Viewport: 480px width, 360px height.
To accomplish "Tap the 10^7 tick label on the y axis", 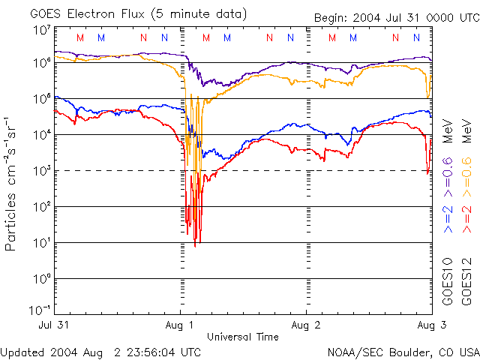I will [42, 30].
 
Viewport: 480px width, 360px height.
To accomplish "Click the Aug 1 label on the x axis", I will [181, 326].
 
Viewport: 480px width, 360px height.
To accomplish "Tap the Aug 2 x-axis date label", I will [306, 326].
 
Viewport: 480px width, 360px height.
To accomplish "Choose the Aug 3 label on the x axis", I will [427, 326].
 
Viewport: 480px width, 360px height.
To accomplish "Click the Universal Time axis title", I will [242, 337].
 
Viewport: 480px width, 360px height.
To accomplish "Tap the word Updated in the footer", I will [22, 351].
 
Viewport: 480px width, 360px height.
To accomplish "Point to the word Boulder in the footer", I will [406, 351].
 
